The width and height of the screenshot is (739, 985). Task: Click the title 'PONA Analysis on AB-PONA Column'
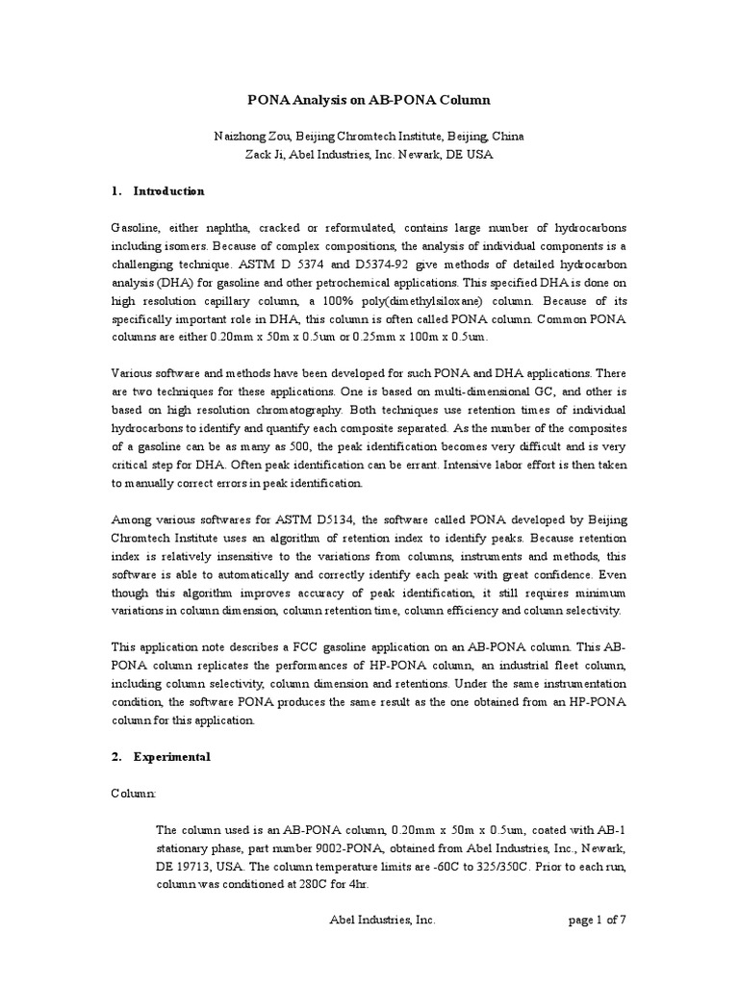[x=369, y=99]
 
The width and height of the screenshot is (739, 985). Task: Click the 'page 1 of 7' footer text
[x=598, y=920]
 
